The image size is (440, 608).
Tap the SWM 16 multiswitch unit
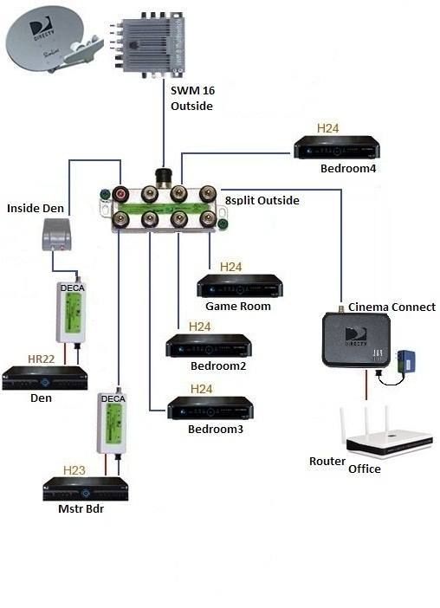coord(149,43)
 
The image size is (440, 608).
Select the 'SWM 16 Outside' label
coord(192,98)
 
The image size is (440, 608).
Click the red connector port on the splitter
coord(120,193)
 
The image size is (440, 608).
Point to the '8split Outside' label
coord(262,200)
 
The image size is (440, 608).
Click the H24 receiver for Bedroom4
coord(336,147)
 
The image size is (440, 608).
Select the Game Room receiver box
coord(240,286)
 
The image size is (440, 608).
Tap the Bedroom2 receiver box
coord(209,346)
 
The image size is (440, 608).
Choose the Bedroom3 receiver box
coord(210,408)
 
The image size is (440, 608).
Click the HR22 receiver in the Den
coord(44,378)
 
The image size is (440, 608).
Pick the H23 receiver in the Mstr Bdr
coord(85,489)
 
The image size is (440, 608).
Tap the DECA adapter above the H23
coord(112,423)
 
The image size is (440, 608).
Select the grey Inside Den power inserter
coord(56,235)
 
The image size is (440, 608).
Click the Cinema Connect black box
coord(356,340)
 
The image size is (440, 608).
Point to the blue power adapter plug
coord(406,361)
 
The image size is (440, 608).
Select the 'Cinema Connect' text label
coord(391,307)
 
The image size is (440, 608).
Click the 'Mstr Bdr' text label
coord(81,508)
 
